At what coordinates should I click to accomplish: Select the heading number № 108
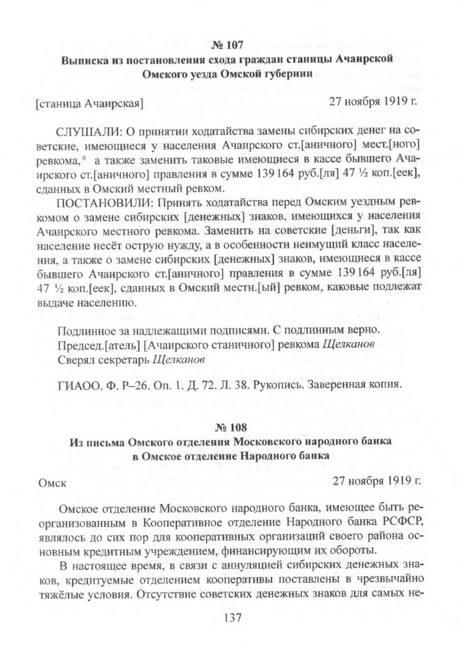pos(228,426)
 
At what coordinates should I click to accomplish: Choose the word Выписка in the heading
pos(87,59)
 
